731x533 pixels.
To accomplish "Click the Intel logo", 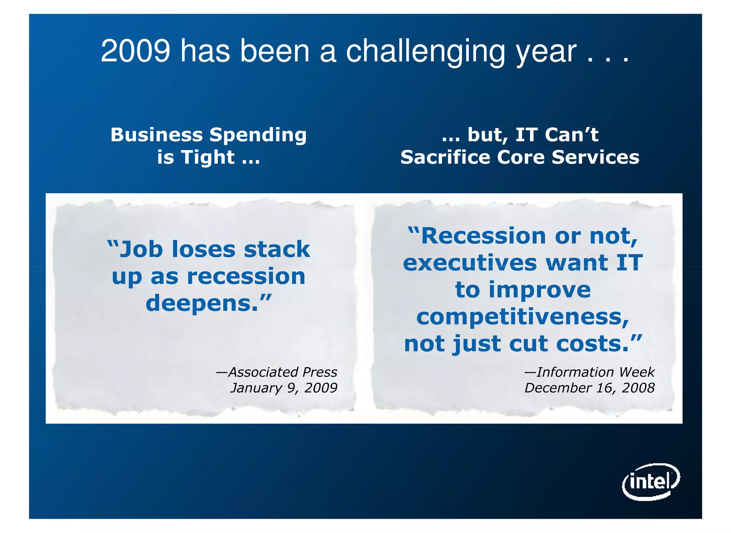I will coord(651,482).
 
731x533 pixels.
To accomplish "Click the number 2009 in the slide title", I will coord(135,51).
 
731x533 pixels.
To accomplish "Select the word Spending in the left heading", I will coord(258,135).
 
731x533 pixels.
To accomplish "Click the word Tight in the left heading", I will coord(208,158).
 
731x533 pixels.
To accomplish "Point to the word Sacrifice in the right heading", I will coord(445,157).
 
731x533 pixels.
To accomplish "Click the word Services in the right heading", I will coord(595,157).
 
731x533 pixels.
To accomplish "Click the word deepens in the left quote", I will coord(201,303).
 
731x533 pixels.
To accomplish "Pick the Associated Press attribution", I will coord(277,372).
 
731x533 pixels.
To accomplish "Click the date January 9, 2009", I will coord(284,388).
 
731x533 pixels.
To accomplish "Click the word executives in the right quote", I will coord(470,263).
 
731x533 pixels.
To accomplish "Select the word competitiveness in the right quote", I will coord(522,317).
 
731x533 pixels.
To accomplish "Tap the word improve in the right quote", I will coord(539,290).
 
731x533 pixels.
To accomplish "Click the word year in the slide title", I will coord(546,52).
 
